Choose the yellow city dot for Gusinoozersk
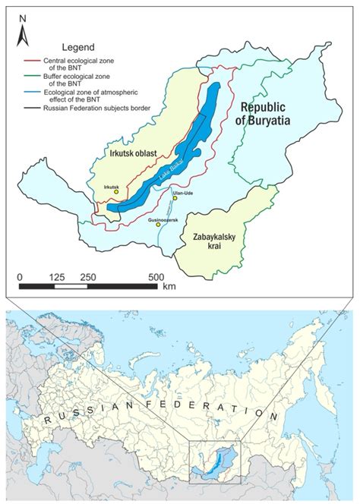pyautogui.click(x=158, y=225)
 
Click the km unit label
pyautogui.click(x=169, y=288)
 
